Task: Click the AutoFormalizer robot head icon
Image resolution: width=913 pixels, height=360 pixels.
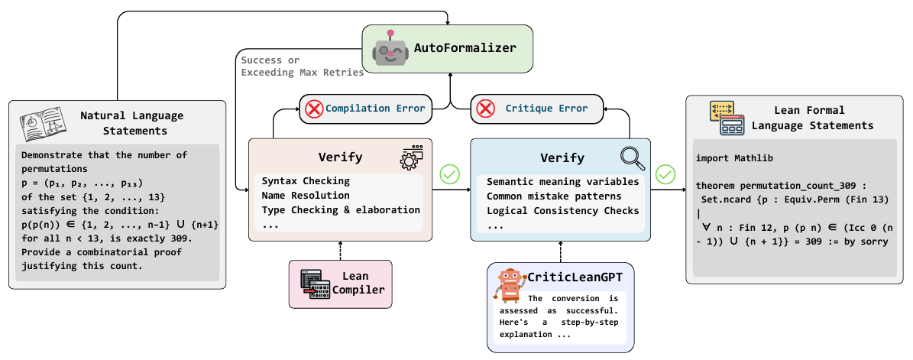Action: pos(390,49)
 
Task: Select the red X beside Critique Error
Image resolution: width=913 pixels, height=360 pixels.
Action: pos(486,109)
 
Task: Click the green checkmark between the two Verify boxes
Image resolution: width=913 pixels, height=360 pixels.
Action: pos(450,174)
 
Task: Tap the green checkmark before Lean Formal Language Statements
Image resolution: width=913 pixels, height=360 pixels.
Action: pos(665,174)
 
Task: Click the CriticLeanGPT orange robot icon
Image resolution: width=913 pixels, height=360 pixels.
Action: pos(510,285)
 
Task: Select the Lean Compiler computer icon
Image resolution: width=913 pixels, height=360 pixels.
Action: pos(315,284)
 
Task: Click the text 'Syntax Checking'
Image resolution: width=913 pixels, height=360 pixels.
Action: pos(306,181)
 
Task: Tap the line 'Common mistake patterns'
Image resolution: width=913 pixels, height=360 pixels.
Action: pos(555,196)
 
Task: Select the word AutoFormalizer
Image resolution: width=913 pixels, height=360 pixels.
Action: pos(465,47)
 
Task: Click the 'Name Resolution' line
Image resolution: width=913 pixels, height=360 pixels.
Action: pos(306,196)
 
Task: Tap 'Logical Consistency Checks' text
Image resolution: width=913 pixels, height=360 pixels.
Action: pos(563,210)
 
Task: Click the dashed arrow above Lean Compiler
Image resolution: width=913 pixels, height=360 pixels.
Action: pos(339,251)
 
